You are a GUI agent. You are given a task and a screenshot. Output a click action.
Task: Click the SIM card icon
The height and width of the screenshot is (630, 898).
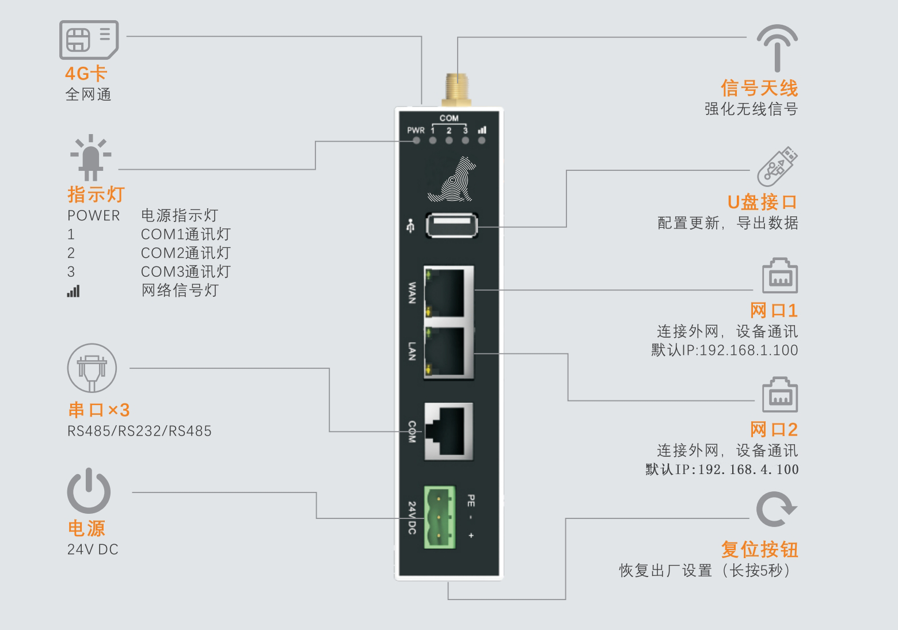click(x=89, y=40)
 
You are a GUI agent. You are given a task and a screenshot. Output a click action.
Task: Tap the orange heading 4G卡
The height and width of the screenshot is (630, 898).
click(x=86, y=74)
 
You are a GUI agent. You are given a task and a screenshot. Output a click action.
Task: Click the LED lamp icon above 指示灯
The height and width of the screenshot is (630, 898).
click(x=91, y=157)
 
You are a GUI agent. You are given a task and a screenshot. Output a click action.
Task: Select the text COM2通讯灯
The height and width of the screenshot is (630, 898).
click(x=185, y=253)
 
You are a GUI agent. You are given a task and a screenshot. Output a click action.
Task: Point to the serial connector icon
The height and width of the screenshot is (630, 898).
click(x=92, y=368)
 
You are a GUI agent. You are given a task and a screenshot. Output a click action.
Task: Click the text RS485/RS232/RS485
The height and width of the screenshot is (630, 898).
click(x=139, y=431)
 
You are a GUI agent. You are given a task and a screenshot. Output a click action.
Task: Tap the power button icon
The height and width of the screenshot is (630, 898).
click(x=89, y=491)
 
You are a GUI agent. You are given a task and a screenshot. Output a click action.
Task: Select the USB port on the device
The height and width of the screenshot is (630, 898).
click(x=452, y=226)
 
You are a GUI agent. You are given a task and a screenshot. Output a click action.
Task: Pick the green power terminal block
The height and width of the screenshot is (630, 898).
click(x=439, y=517)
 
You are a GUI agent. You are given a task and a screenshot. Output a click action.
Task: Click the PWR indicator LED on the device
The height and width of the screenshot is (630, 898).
click(x=416, y=140)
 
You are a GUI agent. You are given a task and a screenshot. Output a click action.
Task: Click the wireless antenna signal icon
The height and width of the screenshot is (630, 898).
click(x=777, y=47)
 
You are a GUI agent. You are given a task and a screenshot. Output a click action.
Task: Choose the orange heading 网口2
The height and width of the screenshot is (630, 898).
click(x=774, y=429)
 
